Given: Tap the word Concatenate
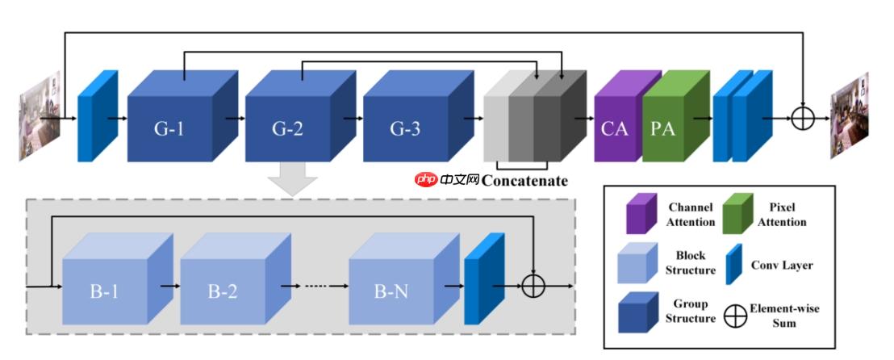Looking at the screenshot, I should [x=524, y=181].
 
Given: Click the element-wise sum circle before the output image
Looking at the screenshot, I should [x=802, y=119].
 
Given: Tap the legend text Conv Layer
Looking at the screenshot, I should [x=782, y=265].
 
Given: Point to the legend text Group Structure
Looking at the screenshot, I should [x=690, y=311].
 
